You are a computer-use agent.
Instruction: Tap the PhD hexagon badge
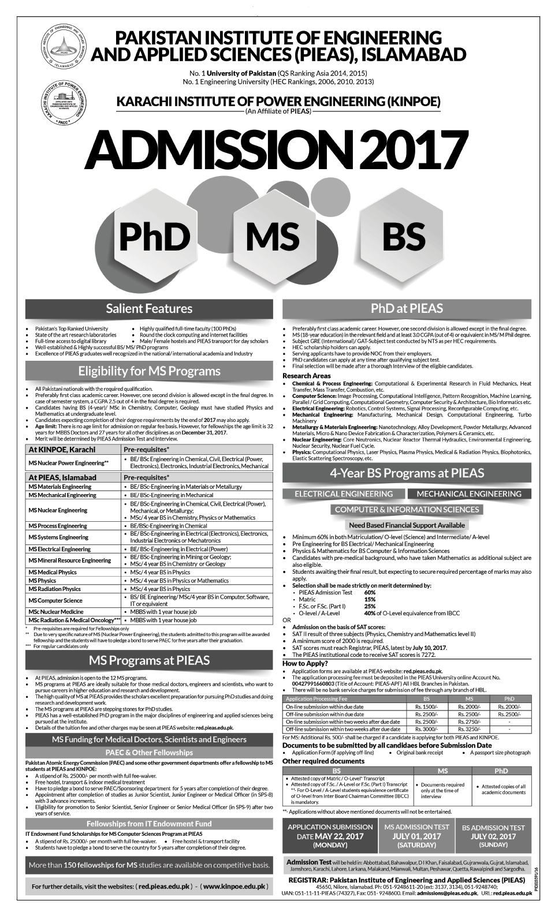pos(154,236)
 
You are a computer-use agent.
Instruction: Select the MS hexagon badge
pos(272,236)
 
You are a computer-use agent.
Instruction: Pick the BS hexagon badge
pos(395,236)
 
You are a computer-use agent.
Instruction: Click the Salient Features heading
pos(149,308)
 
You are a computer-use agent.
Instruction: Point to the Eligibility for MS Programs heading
pos(149,371)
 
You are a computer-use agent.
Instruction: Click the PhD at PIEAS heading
pos(407,308)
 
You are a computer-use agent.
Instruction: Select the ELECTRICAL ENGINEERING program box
pos(343,494)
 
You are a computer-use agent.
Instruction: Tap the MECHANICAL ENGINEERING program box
pos(468,494)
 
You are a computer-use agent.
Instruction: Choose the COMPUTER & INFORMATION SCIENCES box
pos(407,509)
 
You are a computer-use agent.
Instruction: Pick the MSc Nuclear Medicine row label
pos(56,611)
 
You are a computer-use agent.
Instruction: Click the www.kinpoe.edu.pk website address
pos(234,885)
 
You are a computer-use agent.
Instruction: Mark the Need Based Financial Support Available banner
pos(407,525)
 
